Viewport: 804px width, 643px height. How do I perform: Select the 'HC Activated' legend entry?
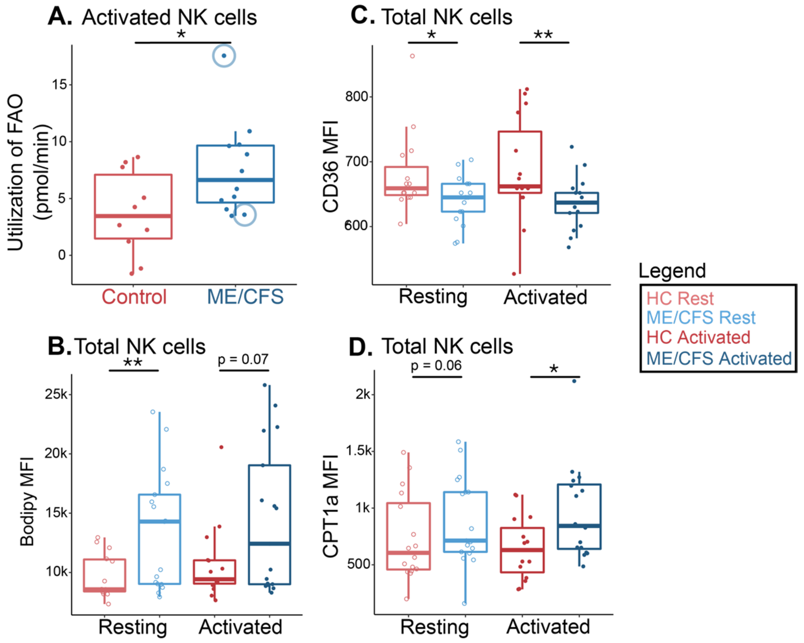pos(698,337)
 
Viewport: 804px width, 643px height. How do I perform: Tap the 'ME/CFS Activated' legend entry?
pos(719,359)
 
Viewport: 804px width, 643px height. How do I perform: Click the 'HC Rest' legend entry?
pos(680,298)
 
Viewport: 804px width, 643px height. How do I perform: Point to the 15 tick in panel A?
pos(60,85)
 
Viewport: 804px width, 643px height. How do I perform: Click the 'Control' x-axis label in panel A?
pos(134,297)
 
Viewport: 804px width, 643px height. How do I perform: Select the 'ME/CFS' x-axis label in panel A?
pos(245,297)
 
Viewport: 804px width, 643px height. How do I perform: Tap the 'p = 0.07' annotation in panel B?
pos(243,359)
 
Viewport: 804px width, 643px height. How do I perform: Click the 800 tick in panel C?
pos(356,97)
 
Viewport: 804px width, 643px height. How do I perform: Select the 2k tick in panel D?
pos(363,394)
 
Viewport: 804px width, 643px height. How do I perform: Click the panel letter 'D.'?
pos(360,347)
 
